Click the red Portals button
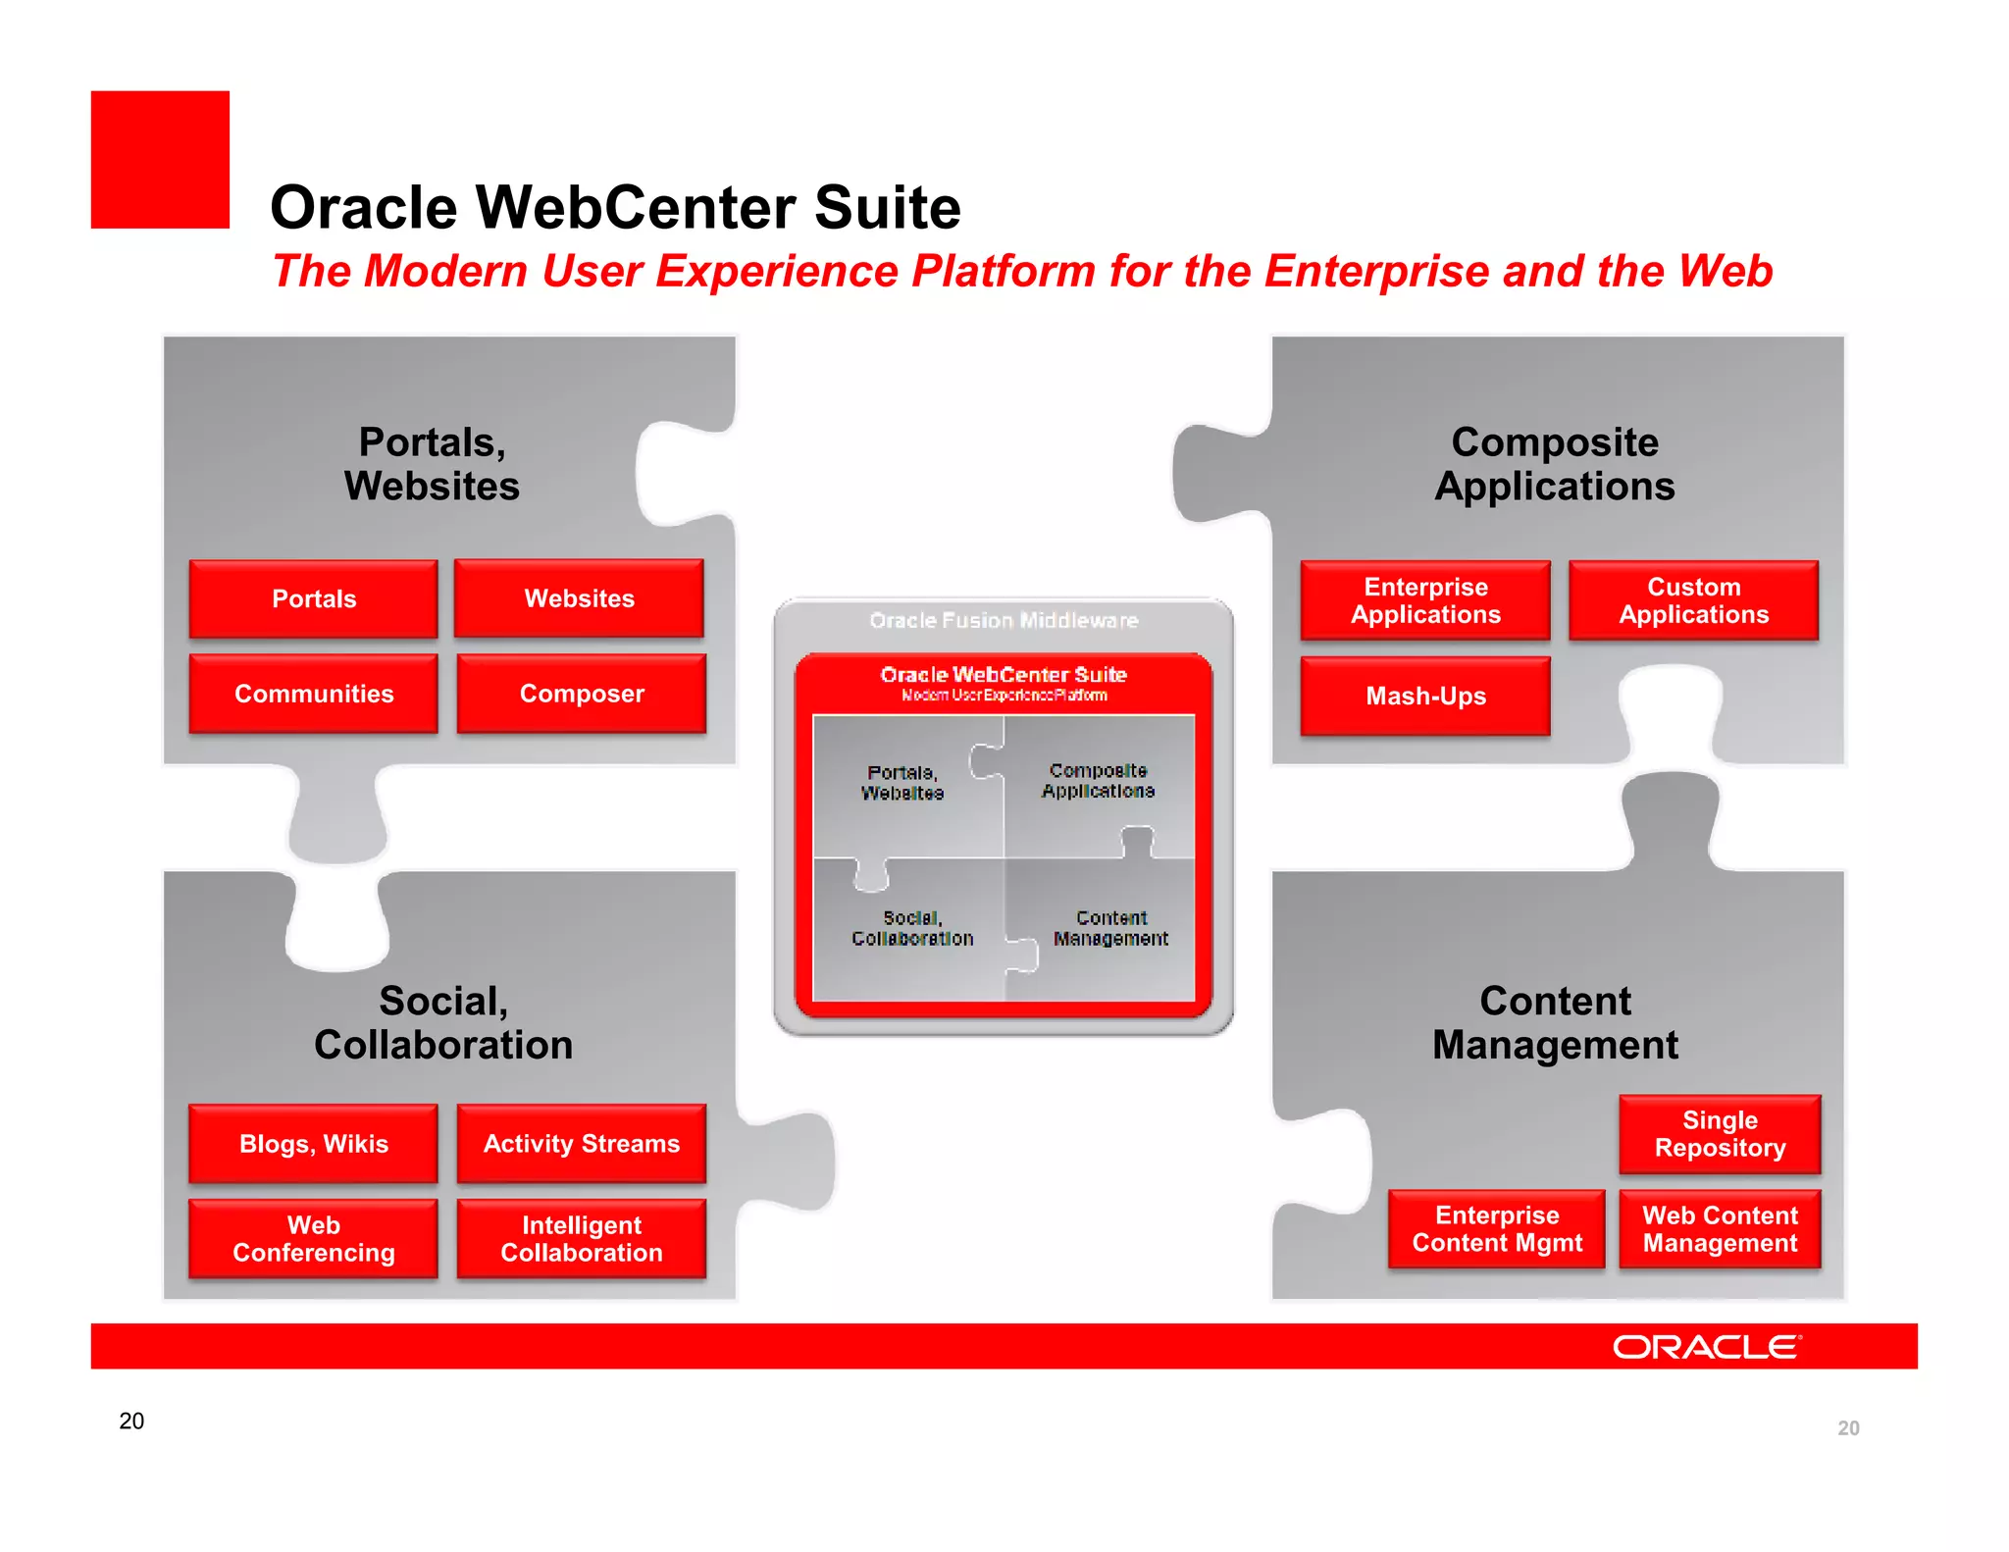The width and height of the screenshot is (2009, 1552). [x=313, y=598]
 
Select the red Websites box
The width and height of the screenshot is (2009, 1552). [x=579, y=598]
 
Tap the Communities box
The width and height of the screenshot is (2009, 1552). [x=313, y=694]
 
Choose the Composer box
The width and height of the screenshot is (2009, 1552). [x=581, y=694]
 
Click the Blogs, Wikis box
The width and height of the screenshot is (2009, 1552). [x=313, y=1144]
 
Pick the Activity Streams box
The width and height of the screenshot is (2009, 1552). [x=581, y=1144]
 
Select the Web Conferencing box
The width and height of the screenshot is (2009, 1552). [x=313, y=1239]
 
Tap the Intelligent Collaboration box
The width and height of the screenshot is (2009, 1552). [x=581, y=1239]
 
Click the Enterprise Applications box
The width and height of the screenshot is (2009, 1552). [x=1425, y=600]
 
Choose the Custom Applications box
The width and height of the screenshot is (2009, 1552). [x=1693, y=600]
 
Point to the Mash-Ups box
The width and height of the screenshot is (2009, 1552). [x=1425, y=696]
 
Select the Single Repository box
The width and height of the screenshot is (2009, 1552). [x=1720, y=1134]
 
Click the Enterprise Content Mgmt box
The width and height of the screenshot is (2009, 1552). [x=1497, y=1229]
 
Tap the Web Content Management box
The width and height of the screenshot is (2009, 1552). [x=1720, y=1229]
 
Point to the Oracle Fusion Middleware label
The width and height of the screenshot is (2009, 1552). [x=1004, y=620]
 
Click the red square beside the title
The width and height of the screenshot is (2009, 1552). [x=160, y=160]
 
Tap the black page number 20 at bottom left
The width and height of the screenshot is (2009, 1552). [x=131, y=1421]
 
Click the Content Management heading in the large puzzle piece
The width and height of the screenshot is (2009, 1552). [x=1555, y=1023]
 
